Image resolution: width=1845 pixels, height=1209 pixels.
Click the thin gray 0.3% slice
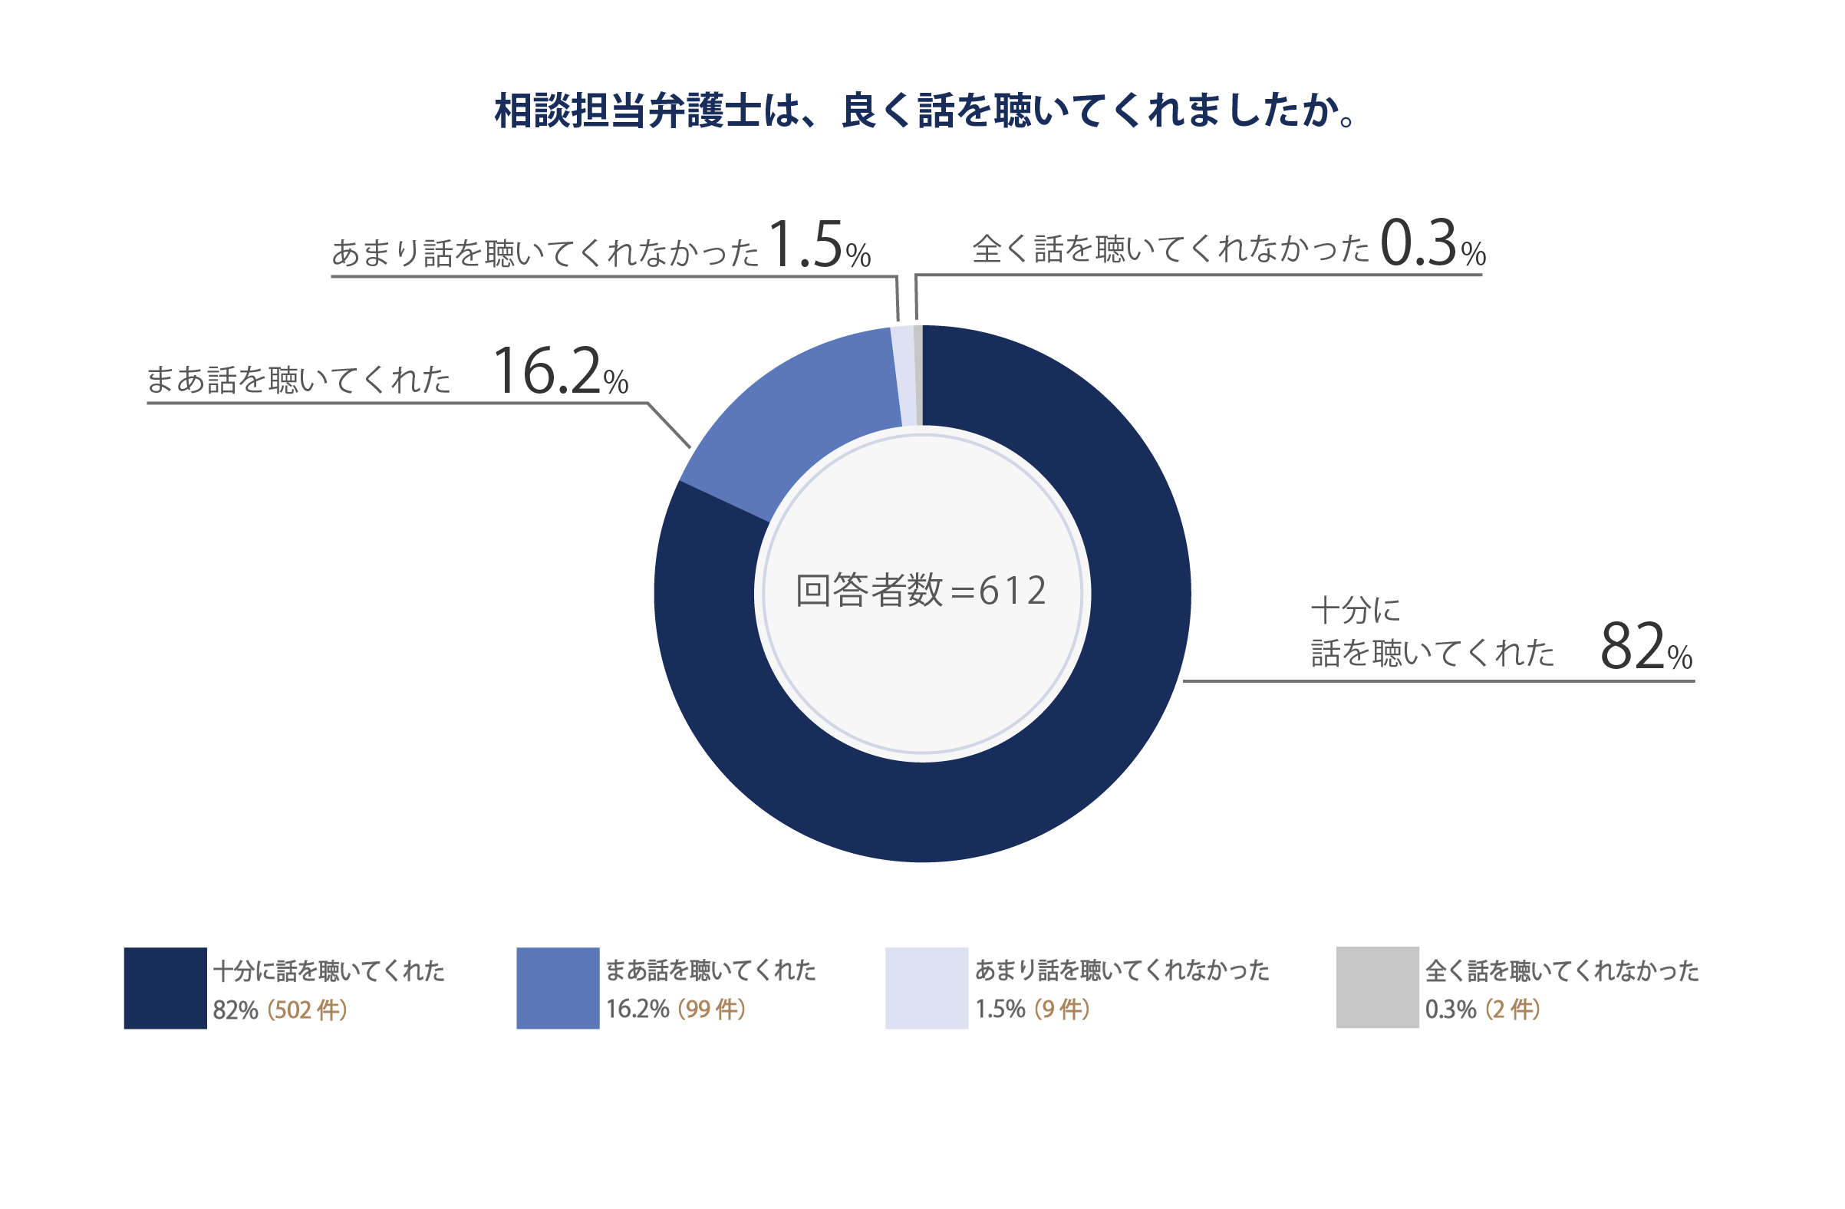point(918,376)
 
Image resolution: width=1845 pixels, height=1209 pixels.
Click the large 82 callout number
point(1632,647)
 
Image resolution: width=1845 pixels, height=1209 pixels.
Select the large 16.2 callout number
point(547,372)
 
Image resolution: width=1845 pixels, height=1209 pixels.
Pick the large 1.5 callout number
point(806,245)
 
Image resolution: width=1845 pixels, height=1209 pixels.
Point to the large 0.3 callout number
point(1418,243)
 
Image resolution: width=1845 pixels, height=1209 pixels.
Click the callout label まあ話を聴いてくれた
point(298,380)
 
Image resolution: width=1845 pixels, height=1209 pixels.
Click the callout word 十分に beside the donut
point(1356,611)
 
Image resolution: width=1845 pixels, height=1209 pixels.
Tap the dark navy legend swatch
point(165,988)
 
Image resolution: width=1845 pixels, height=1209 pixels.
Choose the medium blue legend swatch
point(558,988)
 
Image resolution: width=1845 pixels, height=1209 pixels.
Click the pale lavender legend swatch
point(927,988)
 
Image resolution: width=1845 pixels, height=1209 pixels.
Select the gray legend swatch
point(1377,987)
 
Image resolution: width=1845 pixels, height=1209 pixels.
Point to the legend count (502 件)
point(307,1010)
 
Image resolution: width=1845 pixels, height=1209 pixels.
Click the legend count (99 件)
point(711,1009)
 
